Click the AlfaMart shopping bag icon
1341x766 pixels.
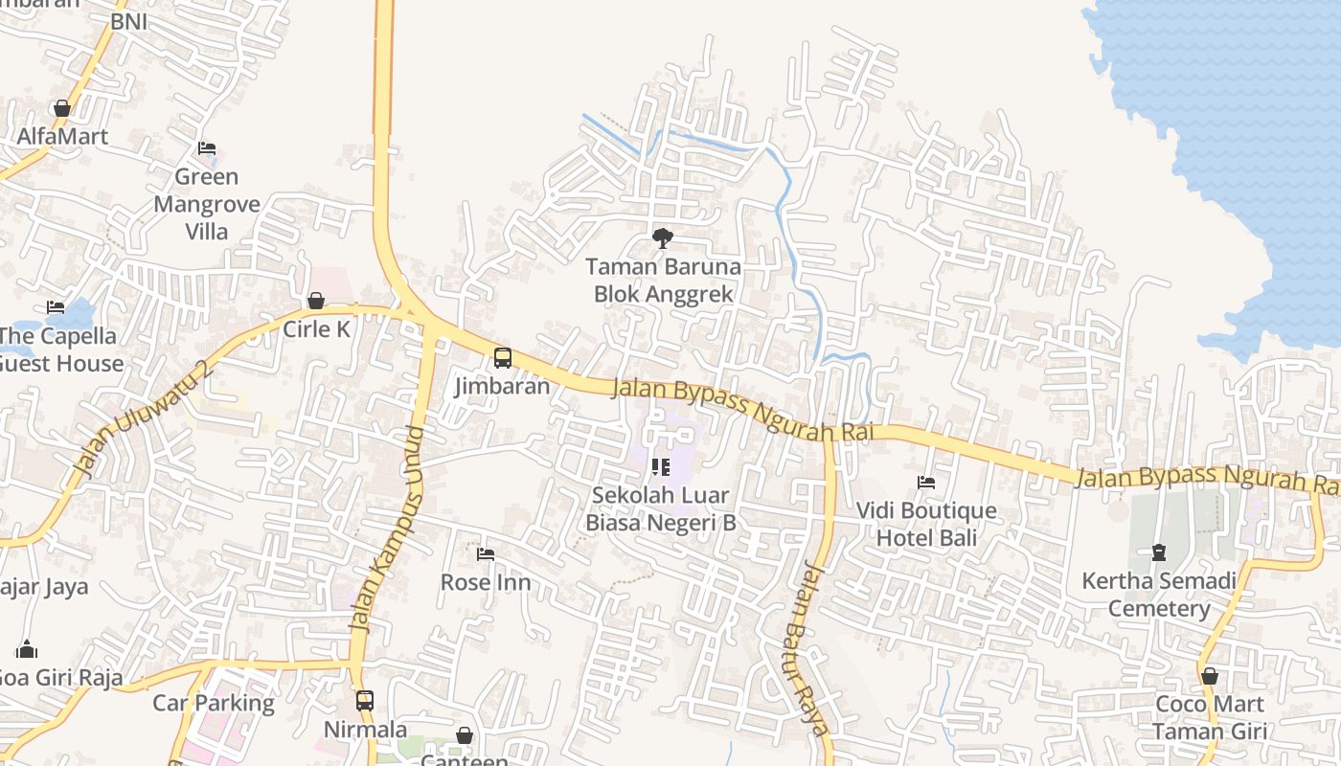tap(62, 108)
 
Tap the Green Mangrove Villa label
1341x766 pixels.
tap(206, 204)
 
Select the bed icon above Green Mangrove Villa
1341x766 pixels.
tap(207, 148)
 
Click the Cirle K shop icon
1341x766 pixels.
tap(316, 302)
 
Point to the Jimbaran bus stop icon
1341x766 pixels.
tap(503, 358)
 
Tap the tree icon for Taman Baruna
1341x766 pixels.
tap(662, 238)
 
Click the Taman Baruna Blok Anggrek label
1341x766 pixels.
tap(663, 280)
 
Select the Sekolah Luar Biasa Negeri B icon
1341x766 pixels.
tap(660, 467)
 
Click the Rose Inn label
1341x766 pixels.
tap(486, 582)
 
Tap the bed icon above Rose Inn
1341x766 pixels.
tap(486, 553)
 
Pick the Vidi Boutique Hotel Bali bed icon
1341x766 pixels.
tap(926, 483)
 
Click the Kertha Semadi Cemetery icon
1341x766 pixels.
tap(1159, 552)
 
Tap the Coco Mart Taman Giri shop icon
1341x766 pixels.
tap(1210, 676)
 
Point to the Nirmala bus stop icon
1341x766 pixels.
tap(365, 700)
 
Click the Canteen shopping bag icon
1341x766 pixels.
tap(465, 735)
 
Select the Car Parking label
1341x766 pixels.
tap(214, 703)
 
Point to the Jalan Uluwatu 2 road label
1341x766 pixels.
tap(141, 419)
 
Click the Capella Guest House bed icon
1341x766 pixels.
tap(56, 307)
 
